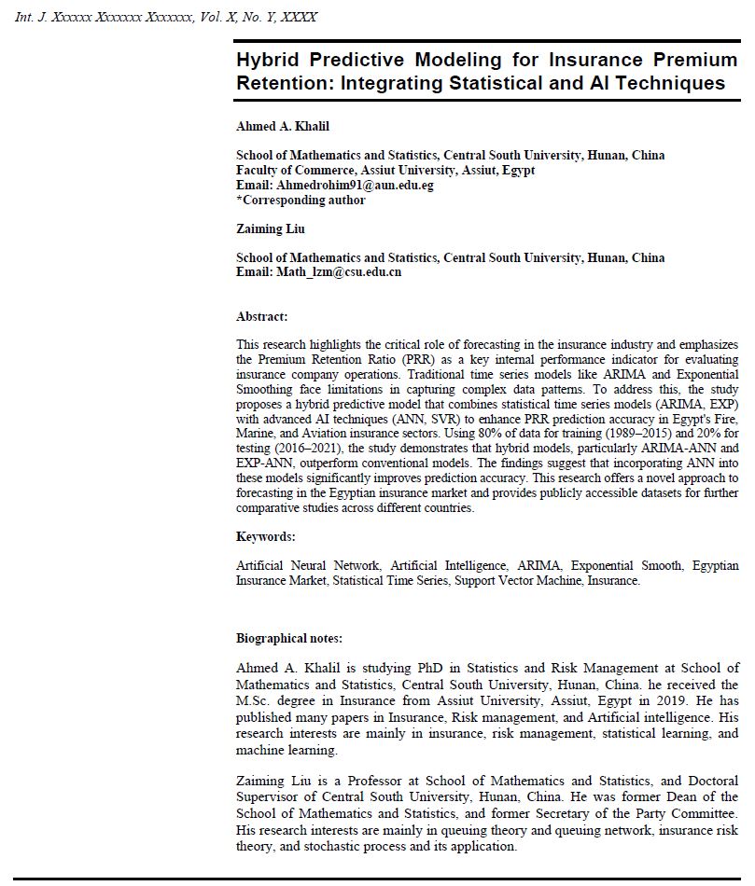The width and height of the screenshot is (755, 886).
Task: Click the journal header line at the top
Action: [166, 17]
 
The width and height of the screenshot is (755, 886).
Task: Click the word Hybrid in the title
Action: [267, 60]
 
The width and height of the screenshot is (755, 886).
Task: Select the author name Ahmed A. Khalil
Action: [283, 127]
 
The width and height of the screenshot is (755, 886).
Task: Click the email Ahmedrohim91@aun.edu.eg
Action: [355, 185]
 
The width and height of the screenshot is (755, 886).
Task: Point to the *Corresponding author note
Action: [301, 200]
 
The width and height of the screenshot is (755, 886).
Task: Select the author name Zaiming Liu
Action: [271, 228]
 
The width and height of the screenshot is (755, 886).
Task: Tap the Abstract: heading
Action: [262, 317]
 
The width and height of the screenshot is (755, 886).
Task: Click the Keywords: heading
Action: [266, 536]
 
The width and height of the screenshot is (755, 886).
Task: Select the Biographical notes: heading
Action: [289, 639]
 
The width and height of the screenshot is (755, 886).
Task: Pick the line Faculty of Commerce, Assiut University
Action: [386, 171]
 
